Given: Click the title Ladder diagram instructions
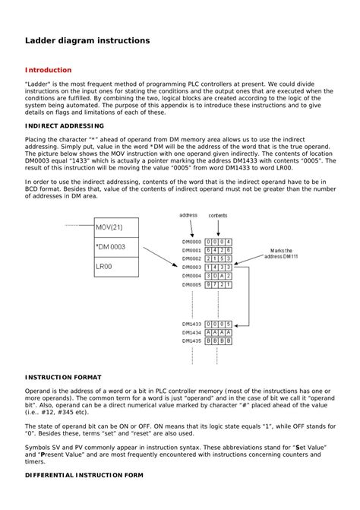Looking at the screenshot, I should pyautogui.click(x=87, y=39).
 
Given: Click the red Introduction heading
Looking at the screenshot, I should pyautogui.click(x=49, y=70).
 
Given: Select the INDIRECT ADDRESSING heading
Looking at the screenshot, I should pyautogui.click(x=65, y=125).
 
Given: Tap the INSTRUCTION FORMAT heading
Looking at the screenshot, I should pyautogui.click(x=62, y=376).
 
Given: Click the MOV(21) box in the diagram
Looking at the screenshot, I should pyautogui.click(x=115, y=227).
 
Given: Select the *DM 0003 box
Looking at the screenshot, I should pyautogui.click(x=115, y=247).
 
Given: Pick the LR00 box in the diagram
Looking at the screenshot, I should pyautogui.click(x=115, y=267).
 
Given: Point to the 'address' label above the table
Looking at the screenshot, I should pyautogui.click(x=188, y=215).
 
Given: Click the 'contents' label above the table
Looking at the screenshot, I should pyautogui.click(x=218, y=215).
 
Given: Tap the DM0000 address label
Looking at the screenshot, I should pyautogui.click(x=191, y=241).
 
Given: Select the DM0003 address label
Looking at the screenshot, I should pyautogui.click(x=191, y=267).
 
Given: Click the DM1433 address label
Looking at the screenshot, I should pyautogui.click(x=191, y=324).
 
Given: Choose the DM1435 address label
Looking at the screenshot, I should pyautogui.click(x=191, y=341).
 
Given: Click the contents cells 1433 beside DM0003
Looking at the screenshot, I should pyautogui.click(x=219, y=267).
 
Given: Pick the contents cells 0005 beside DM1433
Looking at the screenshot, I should pyautogui.click(x=219, y=324).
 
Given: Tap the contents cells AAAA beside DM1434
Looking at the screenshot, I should pyautogui.click(x=219, y=333).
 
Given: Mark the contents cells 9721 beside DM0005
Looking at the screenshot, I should pyautogui.click(x=219, y=284).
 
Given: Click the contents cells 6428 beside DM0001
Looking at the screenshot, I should pyautogui.click(x=219, y=250).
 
